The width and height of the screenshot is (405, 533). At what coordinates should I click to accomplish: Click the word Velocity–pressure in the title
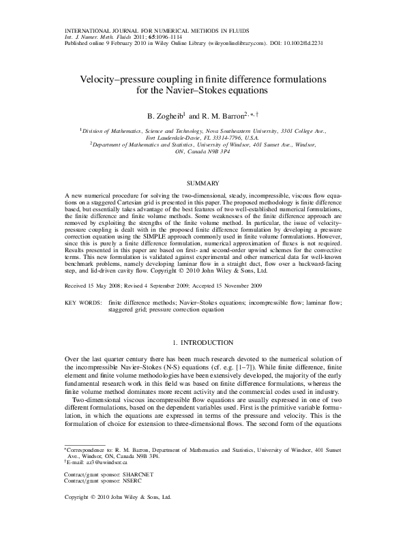(x=117, y=80)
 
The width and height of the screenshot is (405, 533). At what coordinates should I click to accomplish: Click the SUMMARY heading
(x=202, y=183)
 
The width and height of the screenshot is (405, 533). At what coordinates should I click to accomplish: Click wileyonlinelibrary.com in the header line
(x=226, y=42)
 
